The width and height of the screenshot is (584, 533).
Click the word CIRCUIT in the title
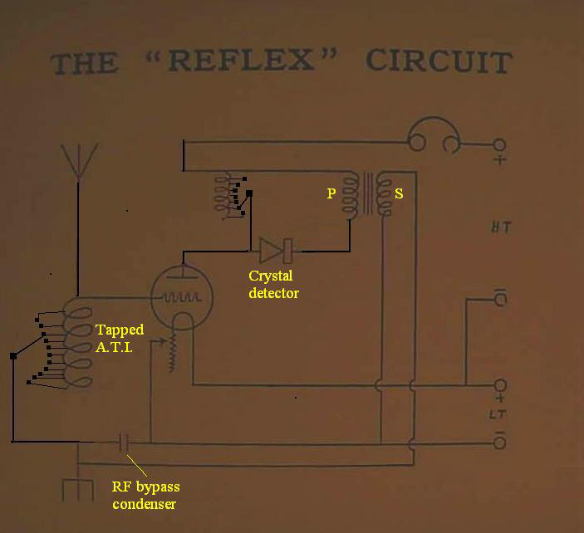pos(438,62)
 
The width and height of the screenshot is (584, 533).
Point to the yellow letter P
pos(331,193)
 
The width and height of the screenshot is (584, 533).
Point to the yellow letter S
pos(399,193)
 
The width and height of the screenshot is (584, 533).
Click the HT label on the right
pos(499,227)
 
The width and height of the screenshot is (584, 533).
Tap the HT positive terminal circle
pos(499,144)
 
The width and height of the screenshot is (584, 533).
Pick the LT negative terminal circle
pos(500,443)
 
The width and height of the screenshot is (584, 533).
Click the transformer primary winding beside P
pos(351,196)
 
